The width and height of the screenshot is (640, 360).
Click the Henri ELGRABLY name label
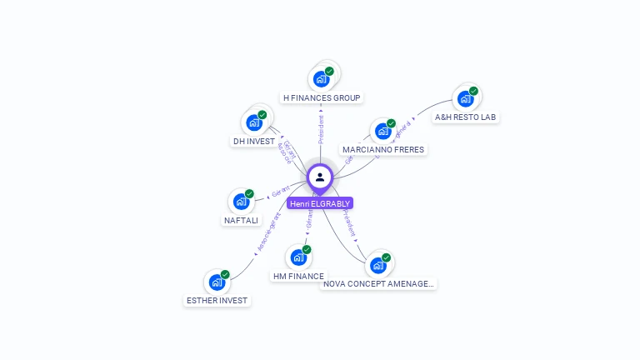(320, 203)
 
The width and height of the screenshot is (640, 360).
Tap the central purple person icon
(320, 177)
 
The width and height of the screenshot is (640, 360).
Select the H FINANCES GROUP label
(322, 97)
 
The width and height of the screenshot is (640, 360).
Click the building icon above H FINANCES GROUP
(321, 79)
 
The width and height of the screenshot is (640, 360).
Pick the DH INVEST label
(254, 141)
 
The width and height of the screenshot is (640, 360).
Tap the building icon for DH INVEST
(254, 122)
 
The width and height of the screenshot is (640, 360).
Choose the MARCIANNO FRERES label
(383, 150)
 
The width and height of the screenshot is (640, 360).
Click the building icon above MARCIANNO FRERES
(382, 131)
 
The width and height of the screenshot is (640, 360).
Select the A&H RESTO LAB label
(466, 117)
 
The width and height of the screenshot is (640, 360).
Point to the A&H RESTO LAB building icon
(465, 98)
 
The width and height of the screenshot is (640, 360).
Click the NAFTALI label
(242, 220)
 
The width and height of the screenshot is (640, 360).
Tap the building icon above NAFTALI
(241, 202)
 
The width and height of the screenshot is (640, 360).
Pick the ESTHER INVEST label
(217, 300)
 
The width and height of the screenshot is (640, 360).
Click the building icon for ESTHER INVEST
(217, 282)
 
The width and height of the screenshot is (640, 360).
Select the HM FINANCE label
(298, 276)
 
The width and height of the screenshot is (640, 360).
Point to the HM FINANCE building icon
(298, 257)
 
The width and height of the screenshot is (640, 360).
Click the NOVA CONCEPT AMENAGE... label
(379, 284)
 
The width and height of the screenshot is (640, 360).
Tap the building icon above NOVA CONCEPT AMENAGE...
(378, 266)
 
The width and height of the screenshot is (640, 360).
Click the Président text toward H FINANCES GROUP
(321, 129)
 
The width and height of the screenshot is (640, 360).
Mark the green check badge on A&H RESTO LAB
(473, 91)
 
